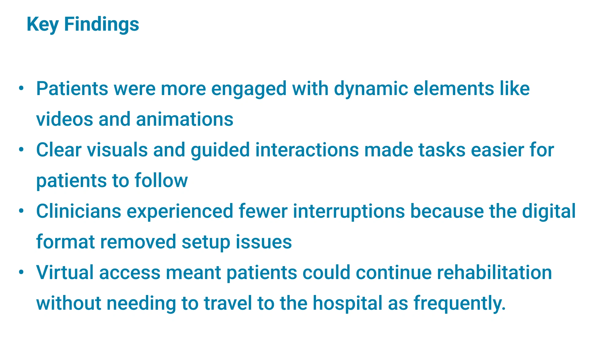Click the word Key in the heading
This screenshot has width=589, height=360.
coord(43,24)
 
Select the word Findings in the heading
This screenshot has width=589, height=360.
coord(102,24)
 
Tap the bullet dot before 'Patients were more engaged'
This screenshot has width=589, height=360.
coord(21,88)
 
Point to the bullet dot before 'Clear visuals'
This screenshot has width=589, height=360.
coord(21,150)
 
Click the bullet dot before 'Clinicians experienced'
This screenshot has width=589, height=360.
coord(21,211)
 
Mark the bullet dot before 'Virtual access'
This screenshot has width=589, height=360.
coord(21,272)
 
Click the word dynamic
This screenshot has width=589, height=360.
coord(371,89)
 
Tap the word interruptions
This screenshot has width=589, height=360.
coord(349,212)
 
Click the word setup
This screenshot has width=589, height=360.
coord(206,242)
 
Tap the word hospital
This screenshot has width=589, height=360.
coord(347,304)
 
